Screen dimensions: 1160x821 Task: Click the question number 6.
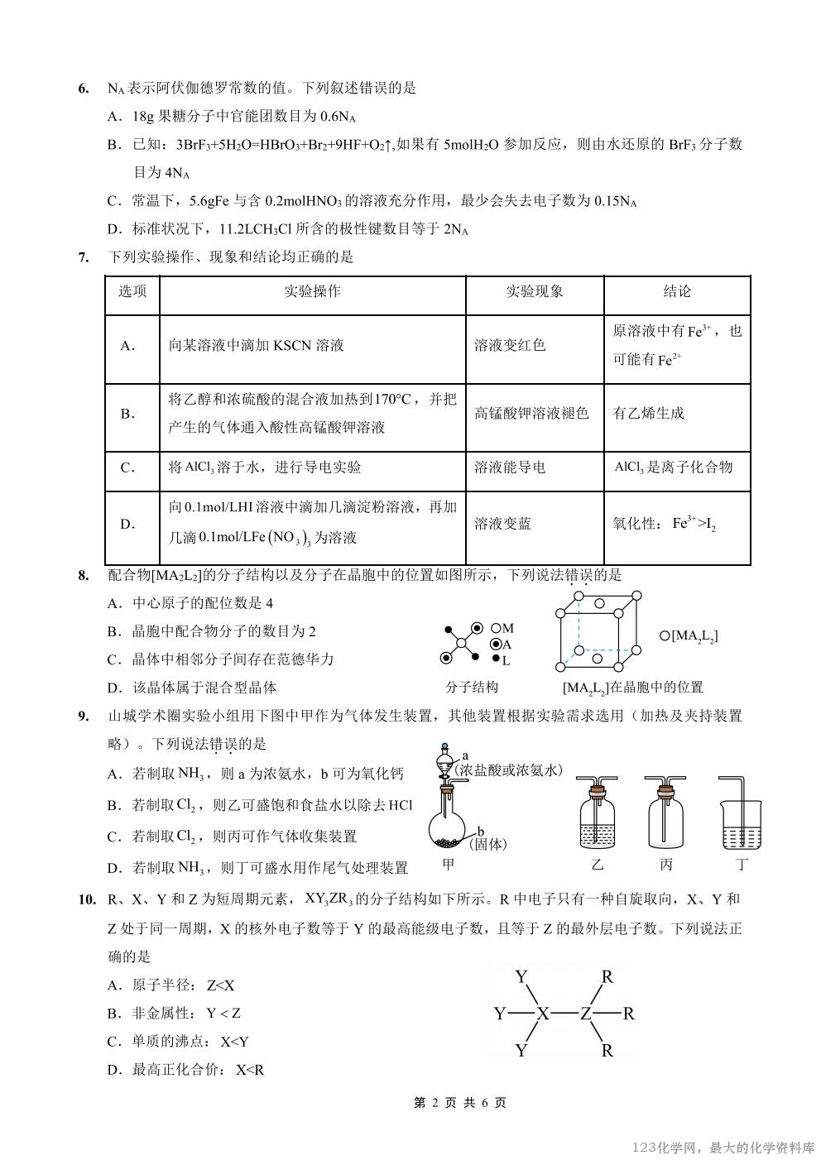[83, 88]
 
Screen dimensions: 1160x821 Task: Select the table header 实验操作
[312, 291]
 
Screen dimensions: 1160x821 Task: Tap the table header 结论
[676, 291]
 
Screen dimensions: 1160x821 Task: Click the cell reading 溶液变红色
[510, 345]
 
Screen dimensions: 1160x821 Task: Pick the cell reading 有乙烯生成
[648, 413]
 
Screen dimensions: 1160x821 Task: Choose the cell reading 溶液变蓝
[502, 524]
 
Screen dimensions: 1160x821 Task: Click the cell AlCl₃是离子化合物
[673, 467]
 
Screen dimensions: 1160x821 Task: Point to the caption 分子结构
[471, 688]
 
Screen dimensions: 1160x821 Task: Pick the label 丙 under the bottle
[667, 865]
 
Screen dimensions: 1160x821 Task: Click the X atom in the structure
[543, 1013]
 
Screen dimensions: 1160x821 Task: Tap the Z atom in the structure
[585, 1013]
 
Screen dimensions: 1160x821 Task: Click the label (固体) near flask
[487, 844]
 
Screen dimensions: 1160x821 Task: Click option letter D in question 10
[114, 1069]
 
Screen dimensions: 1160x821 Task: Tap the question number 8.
[83, 575]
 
